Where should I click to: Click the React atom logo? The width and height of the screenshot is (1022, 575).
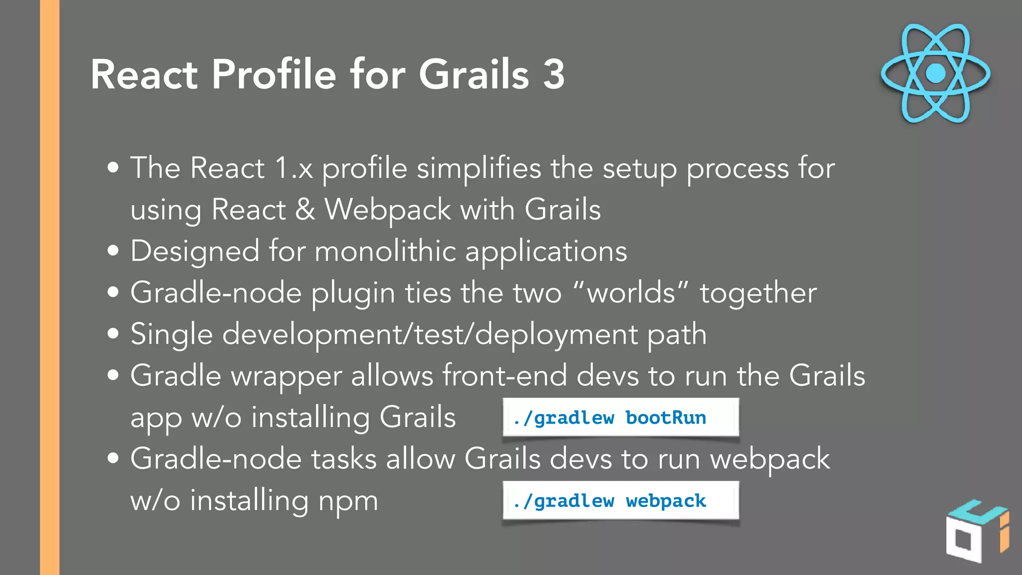click(935, 73)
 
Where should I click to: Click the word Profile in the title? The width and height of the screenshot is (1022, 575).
click(274, 74)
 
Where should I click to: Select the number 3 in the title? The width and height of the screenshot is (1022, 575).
click(553, 74)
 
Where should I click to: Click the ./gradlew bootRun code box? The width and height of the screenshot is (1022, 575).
click(620, 417)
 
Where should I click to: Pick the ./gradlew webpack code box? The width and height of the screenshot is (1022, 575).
click(620, 501)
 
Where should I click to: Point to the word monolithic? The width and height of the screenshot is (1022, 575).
click(385, 251)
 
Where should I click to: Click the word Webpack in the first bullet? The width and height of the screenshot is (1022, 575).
click(388, 209)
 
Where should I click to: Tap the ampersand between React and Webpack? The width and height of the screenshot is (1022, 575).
click(305, 209)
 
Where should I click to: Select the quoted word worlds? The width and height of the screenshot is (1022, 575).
click(631, 292)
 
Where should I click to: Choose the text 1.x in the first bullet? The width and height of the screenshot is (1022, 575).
click(294, 168)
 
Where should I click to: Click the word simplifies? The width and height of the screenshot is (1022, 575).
click(479, 168)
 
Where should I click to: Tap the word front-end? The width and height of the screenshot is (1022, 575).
click(505, 375)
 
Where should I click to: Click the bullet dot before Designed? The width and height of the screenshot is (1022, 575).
click(113, 251)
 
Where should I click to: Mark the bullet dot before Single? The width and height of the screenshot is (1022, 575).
click(113, 333)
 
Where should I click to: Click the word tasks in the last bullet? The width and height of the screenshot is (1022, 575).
click(344, 459)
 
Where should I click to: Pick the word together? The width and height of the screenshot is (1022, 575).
click(758, 293)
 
